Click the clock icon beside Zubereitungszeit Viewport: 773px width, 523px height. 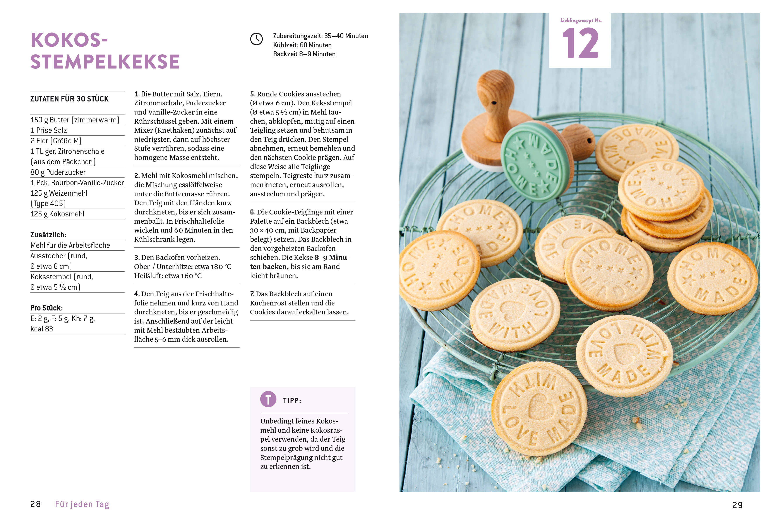coord(256,39)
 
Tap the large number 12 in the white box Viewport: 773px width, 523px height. coord(580,43)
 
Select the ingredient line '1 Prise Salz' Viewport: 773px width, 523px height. coord(49,130)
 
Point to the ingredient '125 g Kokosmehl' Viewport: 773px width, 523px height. coord(58,214)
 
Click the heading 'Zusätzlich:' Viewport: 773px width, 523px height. coord(48,235)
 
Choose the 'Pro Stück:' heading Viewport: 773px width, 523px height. coord(46,308)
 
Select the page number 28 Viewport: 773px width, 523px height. coord(36,504)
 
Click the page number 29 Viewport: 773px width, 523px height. coord(737,505)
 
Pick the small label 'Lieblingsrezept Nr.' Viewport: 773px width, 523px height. coord(581,20)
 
